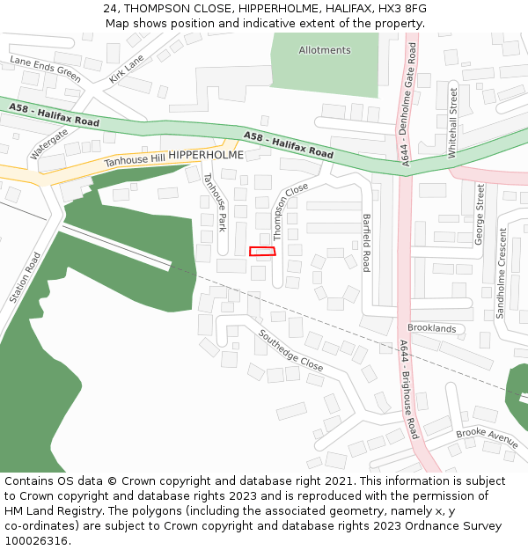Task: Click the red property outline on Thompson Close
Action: [x=262, y=252]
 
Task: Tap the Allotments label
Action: [x=325, y=50]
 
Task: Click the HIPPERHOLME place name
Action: [x=206, y=155]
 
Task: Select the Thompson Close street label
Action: [x=290, y=212]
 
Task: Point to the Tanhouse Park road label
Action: [x=215, y=202]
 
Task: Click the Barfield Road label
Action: [x=367, y=242]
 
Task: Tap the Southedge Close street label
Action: [x=291, y=349]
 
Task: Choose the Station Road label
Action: [x=26, y=278]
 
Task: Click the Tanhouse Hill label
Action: [x=135, y=160]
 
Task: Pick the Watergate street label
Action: [x=49, y=143]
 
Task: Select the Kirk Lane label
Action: [x=127, y=69]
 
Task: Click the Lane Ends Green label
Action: [x=45, y=69]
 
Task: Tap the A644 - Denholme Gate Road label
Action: [x=407, y=106]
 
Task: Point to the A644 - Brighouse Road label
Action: [x=408, y=390]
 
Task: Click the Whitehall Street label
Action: [x=453, y=122]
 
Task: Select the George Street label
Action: [x=480, y=214]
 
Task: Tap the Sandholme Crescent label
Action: [x=502, y=273]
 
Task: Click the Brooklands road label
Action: [x=432, y=328]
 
